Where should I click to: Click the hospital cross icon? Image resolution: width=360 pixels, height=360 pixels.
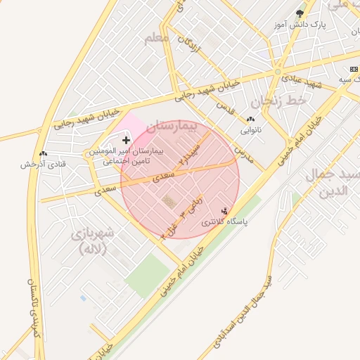(126, 141)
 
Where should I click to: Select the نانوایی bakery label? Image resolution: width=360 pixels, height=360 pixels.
(251, 130)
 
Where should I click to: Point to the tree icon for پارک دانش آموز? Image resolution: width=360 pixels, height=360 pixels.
(300, 13)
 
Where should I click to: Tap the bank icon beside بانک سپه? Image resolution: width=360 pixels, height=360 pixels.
(354, 69)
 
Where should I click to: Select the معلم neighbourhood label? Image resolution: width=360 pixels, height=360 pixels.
(157, 37)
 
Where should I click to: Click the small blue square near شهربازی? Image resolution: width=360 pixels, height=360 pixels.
(84, 298)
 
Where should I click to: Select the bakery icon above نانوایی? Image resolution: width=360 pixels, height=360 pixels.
(251, 119)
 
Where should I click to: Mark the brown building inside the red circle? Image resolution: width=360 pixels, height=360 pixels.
(169, 202)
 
